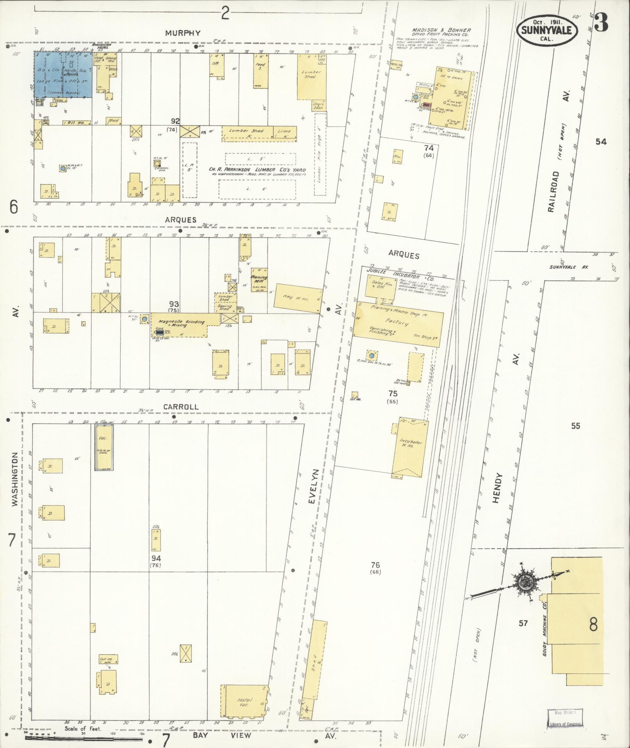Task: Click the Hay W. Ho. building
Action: click(299, 298)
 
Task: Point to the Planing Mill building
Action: click(259, 280)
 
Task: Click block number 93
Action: click(174, 304)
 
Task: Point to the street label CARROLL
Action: click(181, 407)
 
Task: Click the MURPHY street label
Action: click(183, 33)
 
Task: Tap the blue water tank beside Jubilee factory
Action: click(372, 356)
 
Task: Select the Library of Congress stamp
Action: click(565, 719)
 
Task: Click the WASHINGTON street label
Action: click(15, 479)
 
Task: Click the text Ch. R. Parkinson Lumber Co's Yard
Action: click(257, 170)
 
